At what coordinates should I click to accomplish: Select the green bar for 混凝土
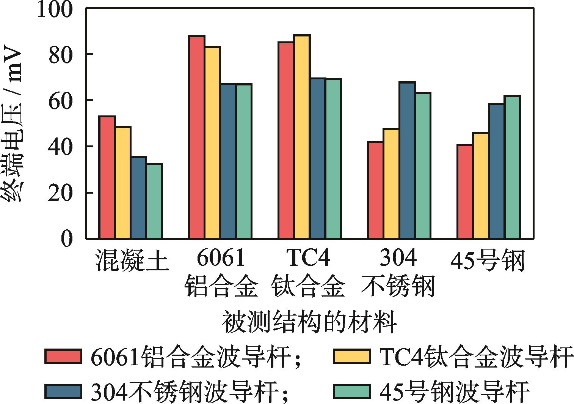click(x=154, y=201)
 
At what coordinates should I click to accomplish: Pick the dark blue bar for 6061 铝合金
click(x=228, y=161)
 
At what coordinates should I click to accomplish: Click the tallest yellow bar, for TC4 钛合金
click(x=302, y=137)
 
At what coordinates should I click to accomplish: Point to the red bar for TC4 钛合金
click(x=286, y=140)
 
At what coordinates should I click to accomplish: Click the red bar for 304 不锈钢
click(x=375, y=190)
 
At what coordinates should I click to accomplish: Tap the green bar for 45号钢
click(x=512, y=167)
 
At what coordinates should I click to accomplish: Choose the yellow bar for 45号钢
click(x=481, y=186)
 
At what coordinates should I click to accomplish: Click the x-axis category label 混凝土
click(x=131, y=260)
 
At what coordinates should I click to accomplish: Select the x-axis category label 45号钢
click(x=488, y=261)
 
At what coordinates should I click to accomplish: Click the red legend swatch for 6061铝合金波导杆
click(x=63, y=356)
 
